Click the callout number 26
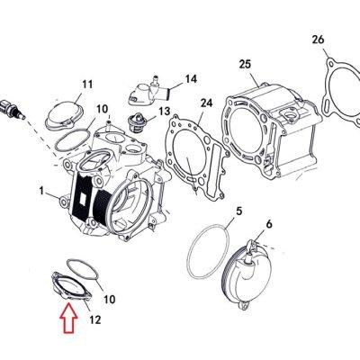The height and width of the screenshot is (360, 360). [319, 40]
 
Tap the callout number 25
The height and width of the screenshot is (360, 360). [245, 64]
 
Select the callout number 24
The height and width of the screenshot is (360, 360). [206, 103]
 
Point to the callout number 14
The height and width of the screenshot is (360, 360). [191, 79]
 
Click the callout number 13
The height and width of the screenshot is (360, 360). [164, 112]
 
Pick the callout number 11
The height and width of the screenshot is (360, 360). [87, 84]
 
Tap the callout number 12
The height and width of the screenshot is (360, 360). [94, 320]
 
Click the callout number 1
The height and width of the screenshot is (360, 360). [41, 191]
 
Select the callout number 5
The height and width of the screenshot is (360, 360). [238, 211]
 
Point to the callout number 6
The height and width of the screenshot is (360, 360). [269, 224]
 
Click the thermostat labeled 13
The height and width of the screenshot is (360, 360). [135, 122]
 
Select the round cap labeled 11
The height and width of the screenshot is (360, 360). [64, 116]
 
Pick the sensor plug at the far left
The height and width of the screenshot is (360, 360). [13, 108]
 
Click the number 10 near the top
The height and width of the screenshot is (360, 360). [102, 109]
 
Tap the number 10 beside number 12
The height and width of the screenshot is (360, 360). [109, 299]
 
